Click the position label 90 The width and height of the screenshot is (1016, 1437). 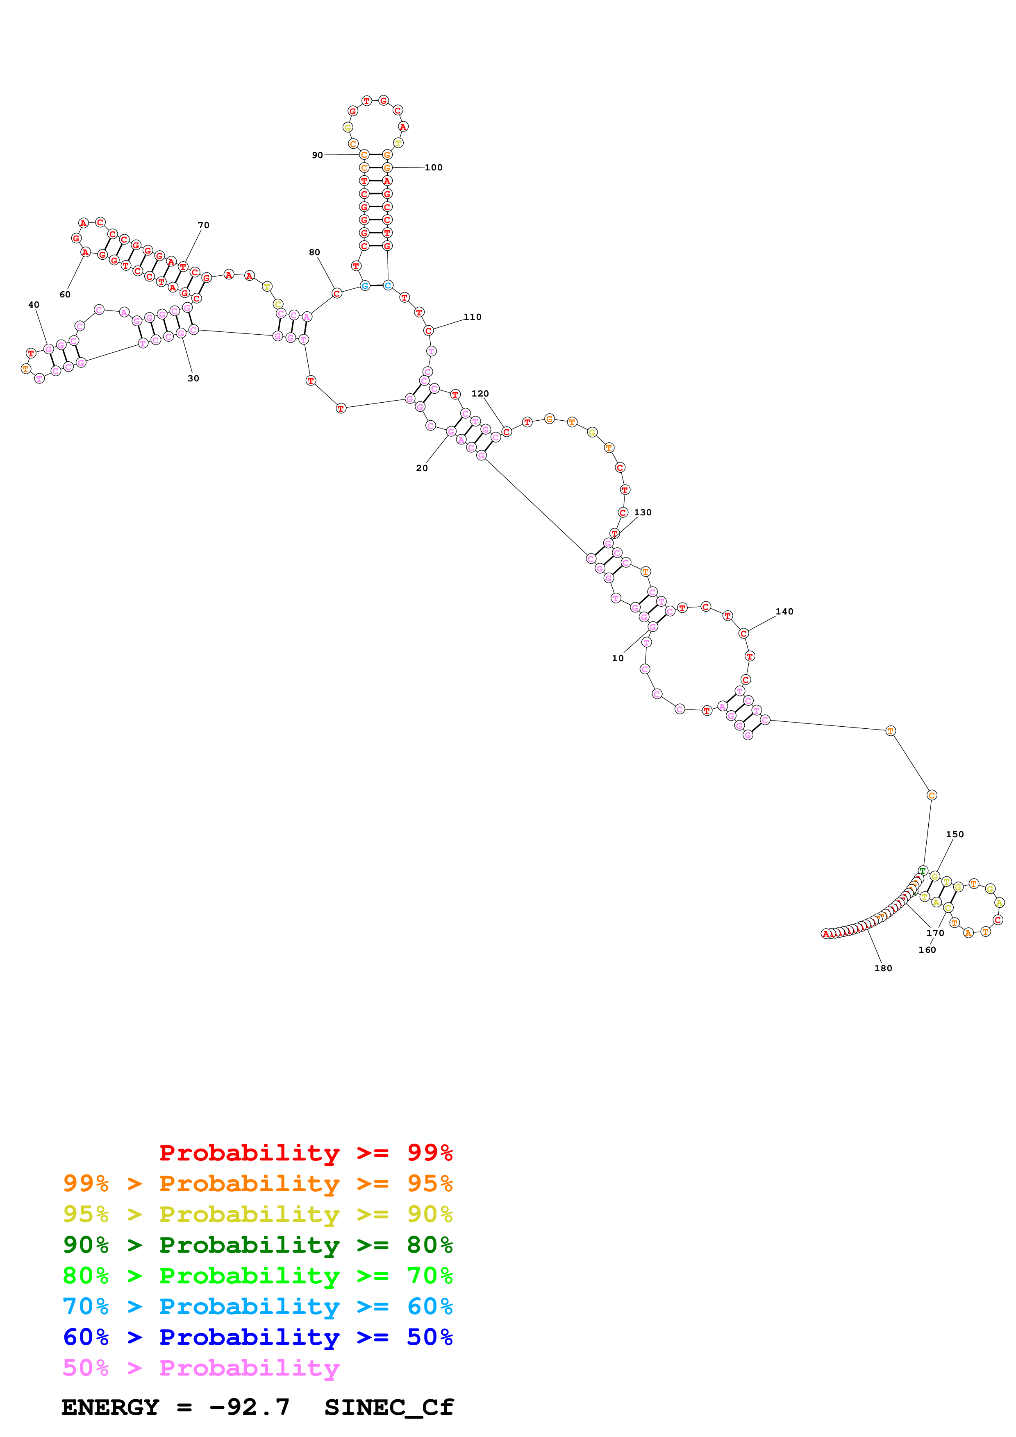(317, 155)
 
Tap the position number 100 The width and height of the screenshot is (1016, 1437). (433, 168)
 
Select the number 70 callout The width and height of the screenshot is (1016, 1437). (203, 225)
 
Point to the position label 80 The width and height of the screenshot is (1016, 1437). (314, 252)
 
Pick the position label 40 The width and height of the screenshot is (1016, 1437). (34, 305)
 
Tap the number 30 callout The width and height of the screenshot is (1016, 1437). (193, 378)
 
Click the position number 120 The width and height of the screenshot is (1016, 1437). (480, 393)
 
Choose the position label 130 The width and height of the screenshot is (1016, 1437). (643, 512)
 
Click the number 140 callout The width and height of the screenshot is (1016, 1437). (784, 612)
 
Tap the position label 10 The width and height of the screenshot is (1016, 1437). (618, 658)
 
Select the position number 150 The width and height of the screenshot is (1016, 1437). (955, 834)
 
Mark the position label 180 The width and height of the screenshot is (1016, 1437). (883, 968)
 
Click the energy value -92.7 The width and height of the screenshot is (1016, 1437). (249, 1408)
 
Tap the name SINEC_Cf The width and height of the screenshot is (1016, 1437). (389, 1408)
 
